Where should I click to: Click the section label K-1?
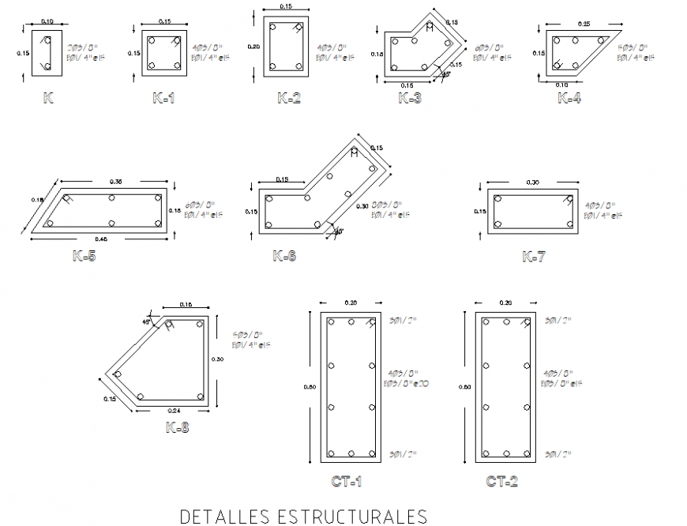[164, 98]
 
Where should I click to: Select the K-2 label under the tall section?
[289, 98]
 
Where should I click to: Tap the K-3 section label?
[410, 98]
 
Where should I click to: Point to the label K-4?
[570, 98]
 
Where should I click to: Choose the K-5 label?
[84, 256]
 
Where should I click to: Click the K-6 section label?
[284, 256]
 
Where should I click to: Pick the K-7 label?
[534, 256]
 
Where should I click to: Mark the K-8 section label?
[177, 427]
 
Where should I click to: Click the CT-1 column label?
[347, 481]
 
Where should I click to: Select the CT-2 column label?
[502, 481]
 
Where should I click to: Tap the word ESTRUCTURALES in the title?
[352, 517]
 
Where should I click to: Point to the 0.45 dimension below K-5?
[101, 239]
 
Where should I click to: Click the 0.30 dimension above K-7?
[532, 183]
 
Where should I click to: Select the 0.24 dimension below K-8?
[174, 411]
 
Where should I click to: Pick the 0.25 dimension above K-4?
[584, 24]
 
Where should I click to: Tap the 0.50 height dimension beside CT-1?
[310, 387]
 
